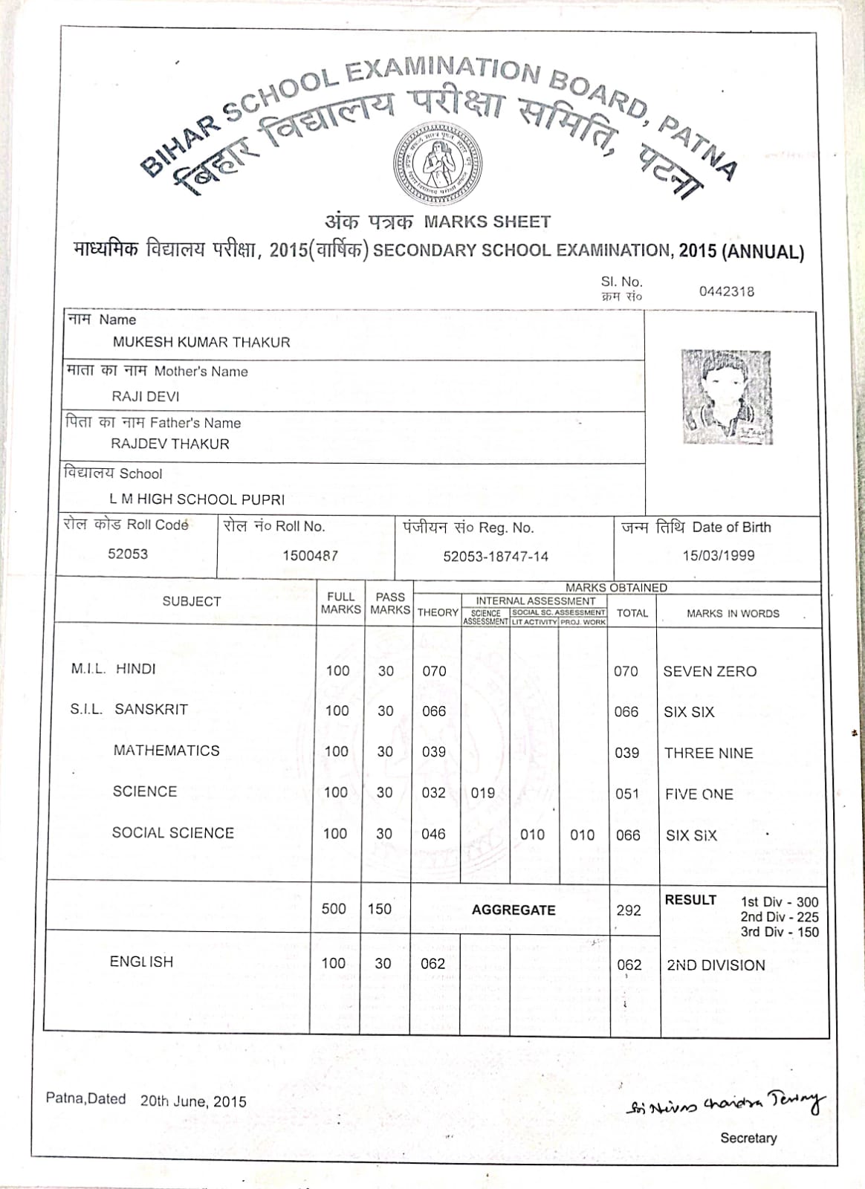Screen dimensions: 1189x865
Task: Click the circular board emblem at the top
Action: [x=438, y=163]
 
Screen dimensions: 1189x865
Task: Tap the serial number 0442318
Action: [x=726, y=291]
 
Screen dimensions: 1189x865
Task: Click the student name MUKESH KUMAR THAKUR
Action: [x=201, y=342]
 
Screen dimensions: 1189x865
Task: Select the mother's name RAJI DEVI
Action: [x=146, y=396]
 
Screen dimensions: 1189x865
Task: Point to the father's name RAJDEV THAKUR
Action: [x=170, y=444]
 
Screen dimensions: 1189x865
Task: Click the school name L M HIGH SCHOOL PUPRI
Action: [x=197, y=499]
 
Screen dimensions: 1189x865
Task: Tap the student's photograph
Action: [x=726, y=397]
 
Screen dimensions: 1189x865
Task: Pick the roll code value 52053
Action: [x=128, y=554]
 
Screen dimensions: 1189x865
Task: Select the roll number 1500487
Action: [x=310, y=555]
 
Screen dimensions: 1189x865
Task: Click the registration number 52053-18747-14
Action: [x=496, y=556]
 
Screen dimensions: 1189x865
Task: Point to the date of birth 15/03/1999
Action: [x=718, y=555]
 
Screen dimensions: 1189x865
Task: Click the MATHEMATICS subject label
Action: [x=166, y=751]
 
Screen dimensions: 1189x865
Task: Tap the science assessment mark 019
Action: [x=483, y=793]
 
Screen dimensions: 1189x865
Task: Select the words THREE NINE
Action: [x=708, y=753]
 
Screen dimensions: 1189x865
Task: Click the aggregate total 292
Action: [x=629, y=910]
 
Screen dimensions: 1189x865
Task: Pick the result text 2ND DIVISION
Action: [x=716, y=965]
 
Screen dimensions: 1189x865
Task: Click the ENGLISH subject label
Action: [x=141, y=962]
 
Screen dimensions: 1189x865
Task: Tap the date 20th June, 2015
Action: [x=193, y=1101]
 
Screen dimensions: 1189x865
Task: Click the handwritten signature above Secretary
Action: [x=725, y=1103]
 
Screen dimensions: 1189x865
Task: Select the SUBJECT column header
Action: [x=192, y=601]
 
